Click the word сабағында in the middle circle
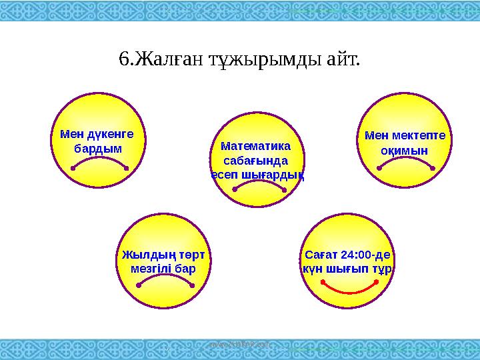tap(256, 160)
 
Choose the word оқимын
tap(404, 151)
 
